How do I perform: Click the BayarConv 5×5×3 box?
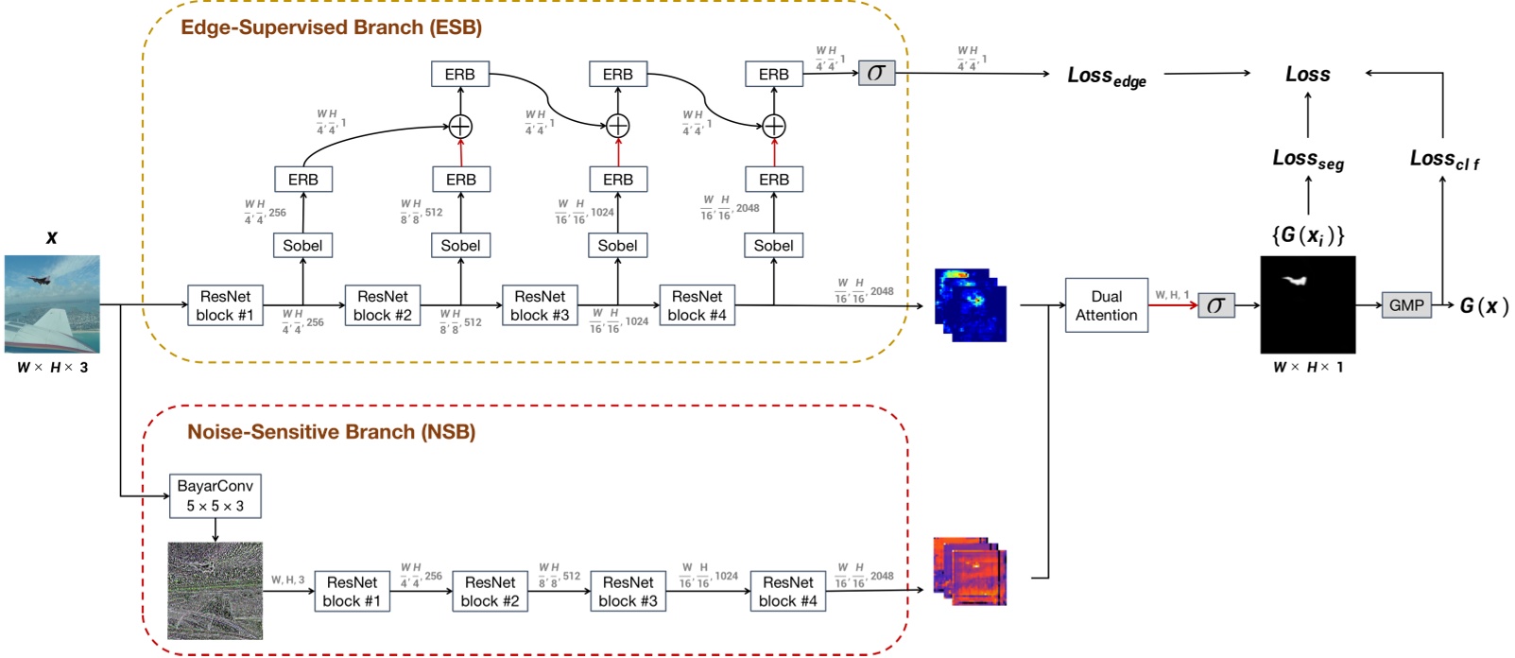215,495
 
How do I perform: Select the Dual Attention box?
1106,305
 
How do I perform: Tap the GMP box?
1405,304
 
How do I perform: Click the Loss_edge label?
1106,77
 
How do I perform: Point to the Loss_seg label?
1307,160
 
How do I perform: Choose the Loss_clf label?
1443,160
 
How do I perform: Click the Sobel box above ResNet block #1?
302,245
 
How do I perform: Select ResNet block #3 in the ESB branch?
540,305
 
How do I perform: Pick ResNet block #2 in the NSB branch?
490,591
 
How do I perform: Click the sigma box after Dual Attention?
1215,304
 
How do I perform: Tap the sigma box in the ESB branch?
876,73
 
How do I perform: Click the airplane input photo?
52,303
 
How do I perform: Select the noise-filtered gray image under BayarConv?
215,590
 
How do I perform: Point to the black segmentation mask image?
1307,304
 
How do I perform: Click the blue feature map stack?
970,304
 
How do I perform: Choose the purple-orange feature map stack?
970,571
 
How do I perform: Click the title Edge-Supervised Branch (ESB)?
331,27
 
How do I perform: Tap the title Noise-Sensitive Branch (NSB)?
331,432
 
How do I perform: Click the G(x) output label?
1483,305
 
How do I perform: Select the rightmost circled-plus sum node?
774,126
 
